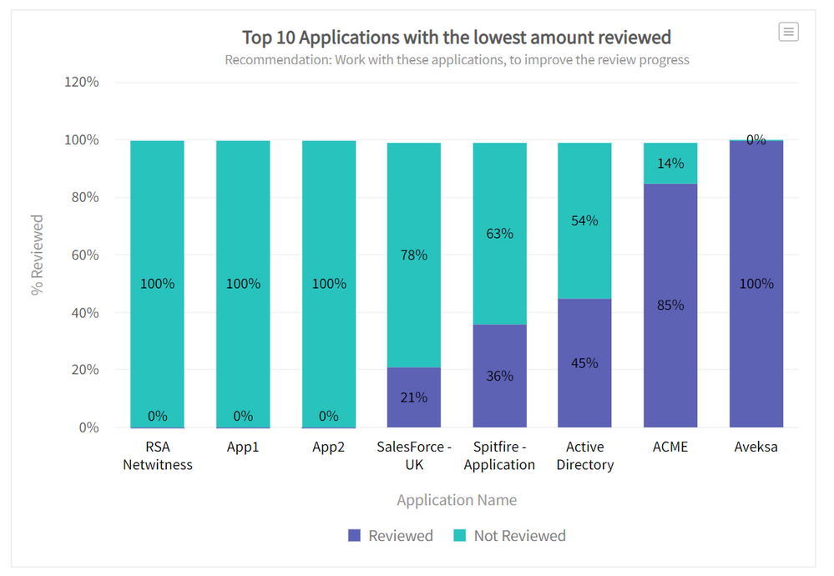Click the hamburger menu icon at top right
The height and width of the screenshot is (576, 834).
click(788, 32)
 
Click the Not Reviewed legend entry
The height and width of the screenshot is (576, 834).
click(509, 536)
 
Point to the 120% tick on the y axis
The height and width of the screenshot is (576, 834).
click(82, 82)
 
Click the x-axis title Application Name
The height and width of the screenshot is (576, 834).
click(457, 500)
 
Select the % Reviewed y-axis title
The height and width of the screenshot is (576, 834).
click(38, 255)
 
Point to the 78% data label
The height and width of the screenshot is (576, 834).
click(414, 255)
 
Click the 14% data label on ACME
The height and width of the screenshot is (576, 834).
click(670, 164)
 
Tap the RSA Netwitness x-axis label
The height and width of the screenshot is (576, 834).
click(158, 456)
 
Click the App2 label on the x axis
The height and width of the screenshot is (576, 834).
click(329, 447)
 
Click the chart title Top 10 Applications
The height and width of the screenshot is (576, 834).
click(457, 38)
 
